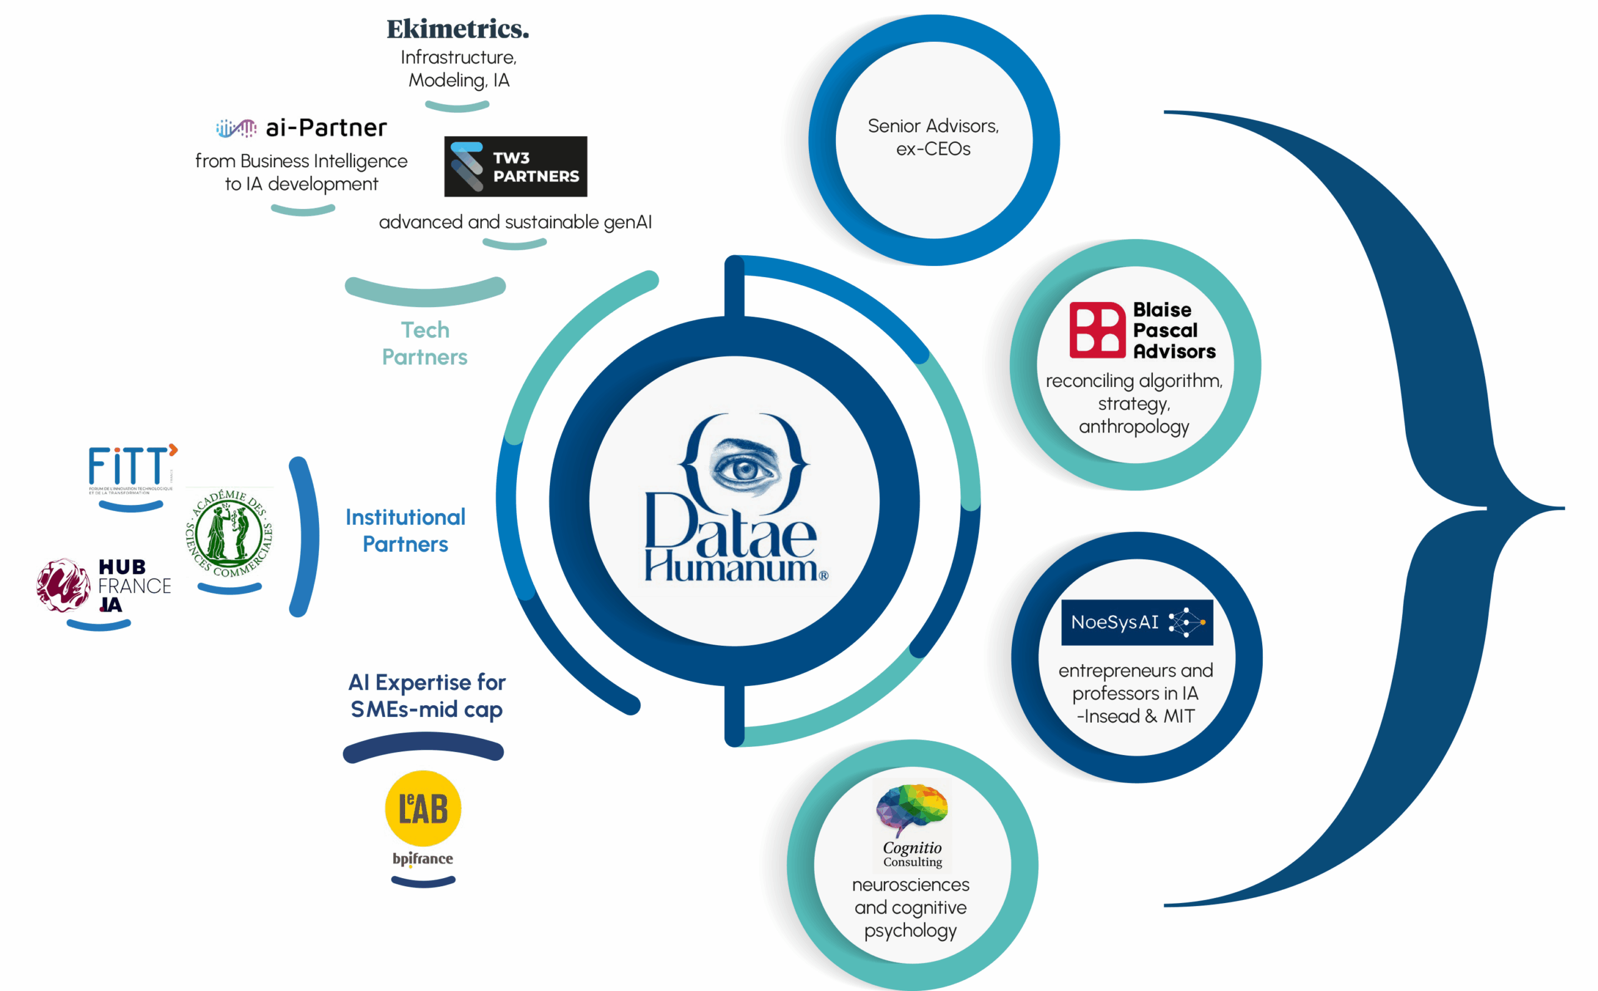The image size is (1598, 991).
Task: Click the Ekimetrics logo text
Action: [458, 29]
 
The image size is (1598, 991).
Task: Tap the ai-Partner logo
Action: [301, 128]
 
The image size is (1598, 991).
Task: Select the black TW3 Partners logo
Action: [515, 167]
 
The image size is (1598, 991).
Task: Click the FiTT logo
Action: [131, 467]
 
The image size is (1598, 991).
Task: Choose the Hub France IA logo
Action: [104, 585]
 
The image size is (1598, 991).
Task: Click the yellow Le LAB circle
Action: [423, 808]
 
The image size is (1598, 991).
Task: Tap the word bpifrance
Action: [423, 859]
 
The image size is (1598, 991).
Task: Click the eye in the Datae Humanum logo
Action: [744, 468]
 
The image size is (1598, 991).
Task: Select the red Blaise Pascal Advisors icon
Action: [1097, 330]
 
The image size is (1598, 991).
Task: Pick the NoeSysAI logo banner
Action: [1137, 622]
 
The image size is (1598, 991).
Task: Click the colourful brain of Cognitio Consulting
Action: [911, 809]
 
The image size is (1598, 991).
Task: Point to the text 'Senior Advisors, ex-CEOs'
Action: [933, 137]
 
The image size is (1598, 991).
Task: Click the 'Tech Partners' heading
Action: [424, 343]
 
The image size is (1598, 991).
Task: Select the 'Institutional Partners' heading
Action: [406, 530]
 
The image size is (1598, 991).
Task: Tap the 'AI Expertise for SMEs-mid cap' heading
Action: [427, 695]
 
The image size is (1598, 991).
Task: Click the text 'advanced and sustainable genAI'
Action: [515, 222]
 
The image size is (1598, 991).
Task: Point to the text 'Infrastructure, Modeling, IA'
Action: [458, 69]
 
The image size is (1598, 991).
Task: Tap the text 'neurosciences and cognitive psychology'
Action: [911, 907]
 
